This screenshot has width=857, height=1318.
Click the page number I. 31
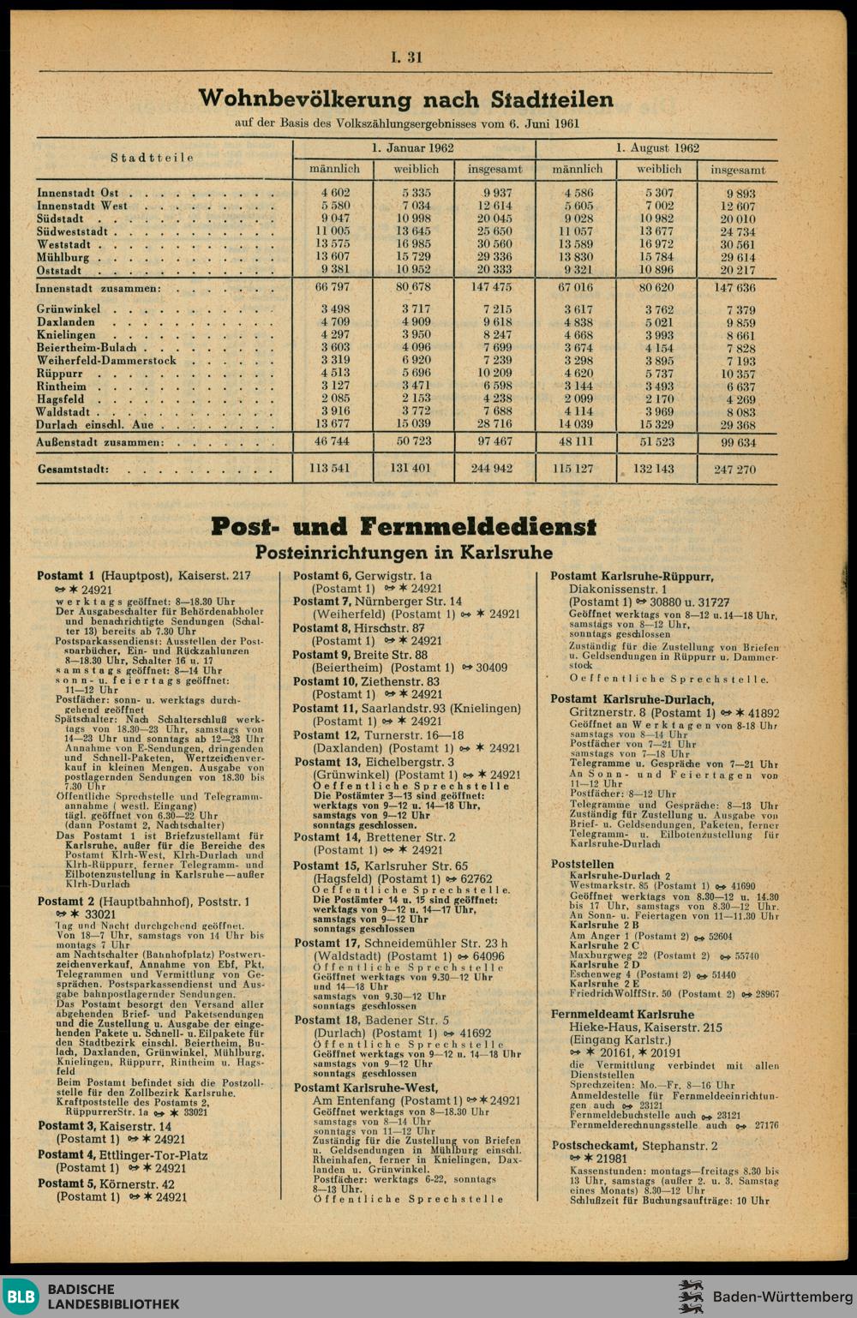pyautogui.click(x=406, y=57)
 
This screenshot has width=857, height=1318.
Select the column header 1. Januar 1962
pyautogui.click(x=413, y=148)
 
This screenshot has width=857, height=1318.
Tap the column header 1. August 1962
pyautogui.click(x=657, y=148)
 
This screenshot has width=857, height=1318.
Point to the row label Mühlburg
pyautogui.click(x=63, y=257)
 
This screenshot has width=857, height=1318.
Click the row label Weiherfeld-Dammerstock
pyautogui.click(x=106, y=361)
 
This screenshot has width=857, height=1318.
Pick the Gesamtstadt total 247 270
pyautogui.click(x=734, y=470)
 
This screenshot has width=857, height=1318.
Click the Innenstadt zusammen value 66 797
pyautogui.click(x=333, y=287)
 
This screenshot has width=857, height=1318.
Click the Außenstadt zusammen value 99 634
pyautogui.click(x=737, y=443)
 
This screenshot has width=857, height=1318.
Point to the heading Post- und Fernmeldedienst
pyautogui.click(x=404, y=525)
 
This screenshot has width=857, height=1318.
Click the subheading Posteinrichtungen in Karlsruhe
pyautogui.click(x=404, y=553)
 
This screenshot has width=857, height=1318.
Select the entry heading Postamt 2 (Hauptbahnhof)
pyautogui.click(x=143, y=902)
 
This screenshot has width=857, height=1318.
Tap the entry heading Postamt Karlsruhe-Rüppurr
pyautogui.click(x=632, y=577)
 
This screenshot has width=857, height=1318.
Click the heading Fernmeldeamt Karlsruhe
pyautogui.click(x=622, y=1015)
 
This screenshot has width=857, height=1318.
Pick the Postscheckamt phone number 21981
pyautogui.click(x=609, y=1159)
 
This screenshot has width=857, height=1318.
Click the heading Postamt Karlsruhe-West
pyautogui.click(x=366, y=1087)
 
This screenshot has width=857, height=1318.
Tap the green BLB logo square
pyautogui.click(x=20, y=1297)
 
